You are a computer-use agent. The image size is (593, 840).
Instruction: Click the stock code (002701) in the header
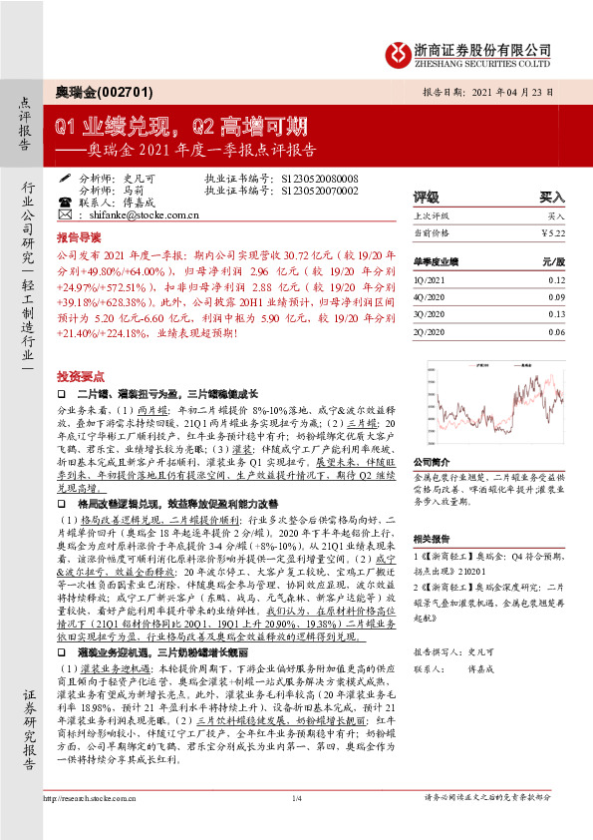(x=127, y=92)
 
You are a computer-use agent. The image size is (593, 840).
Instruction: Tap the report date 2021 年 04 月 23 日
(x=514, y=92)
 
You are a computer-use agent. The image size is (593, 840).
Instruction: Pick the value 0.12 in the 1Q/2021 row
(x=555, y=280)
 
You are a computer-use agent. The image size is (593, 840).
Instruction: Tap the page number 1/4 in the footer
(x=296, y=827)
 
